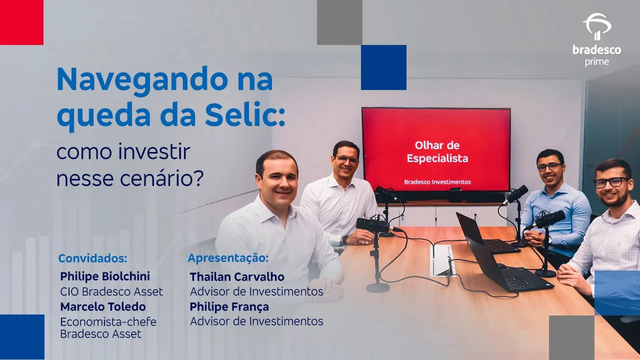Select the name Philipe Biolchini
pyautogui.click(x=105, y=276)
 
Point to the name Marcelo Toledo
pyautogui.click(x=103, y=306)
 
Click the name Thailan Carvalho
pyautogui.click(x=237, y=277)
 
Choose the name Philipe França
pyautogui.click(x=229, y=307)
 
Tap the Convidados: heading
pyautogui.click(x=93, y=258)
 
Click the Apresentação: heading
pyautogui.click(x=228, y=258)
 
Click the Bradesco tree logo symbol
pyautogui.click(x=596, y=26)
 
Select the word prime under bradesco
pyautogui.click(x=596, y=62)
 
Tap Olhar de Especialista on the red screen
pyautogui.click(x=437, y=151)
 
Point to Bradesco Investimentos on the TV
pyautogui.click(x=437, y=181)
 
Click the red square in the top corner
pyautogui.click(x=21, y=22)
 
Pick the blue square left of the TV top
pyautogui.click(x=383, y=67)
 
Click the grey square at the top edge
pyautogui.click(x=339, y=22)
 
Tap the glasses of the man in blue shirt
pyautogui.click(x=549, y=166)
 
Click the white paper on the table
pyautogui.click(x=441, y=260)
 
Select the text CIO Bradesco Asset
pyautogui.click(x=111, y=291)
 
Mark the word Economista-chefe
pyautogui.click(x=108, y=322)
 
